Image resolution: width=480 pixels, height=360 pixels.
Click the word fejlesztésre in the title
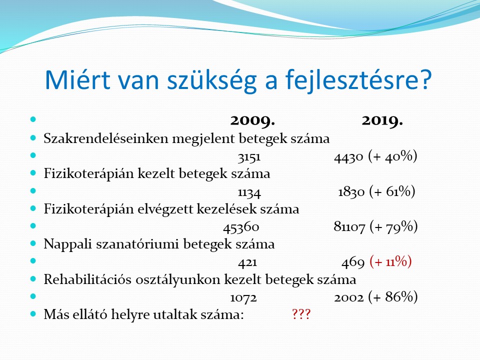[358, 80]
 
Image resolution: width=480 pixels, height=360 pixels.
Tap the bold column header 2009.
[252, 120]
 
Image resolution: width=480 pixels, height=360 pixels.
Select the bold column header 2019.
[382, 120]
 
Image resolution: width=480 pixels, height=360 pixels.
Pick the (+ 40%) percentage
[393, 156]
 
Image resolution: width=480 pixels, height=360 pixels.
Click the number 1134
[249, 192]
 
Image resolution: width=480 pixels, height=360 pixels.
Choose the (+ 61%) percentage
[392, 191]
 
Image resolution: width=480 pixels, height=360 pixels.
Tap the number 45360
[241, 227]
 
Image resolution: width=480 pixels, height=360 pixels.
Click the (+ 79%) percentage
[393, 227]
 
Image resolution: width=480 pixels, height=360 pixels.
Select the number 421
[247, 262]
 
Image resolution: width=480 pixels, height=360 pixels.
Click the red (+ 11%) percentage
[390, 261]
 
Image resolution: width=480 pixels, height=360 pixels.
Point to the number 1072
[243, 298]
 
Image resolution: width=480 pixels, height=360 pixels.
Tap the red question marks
[301, 314]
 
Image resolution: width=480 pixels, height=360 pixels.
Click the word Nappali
[68, 244]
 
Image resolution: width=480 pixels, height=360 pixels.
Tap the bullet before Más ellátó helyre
[33, 314]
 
